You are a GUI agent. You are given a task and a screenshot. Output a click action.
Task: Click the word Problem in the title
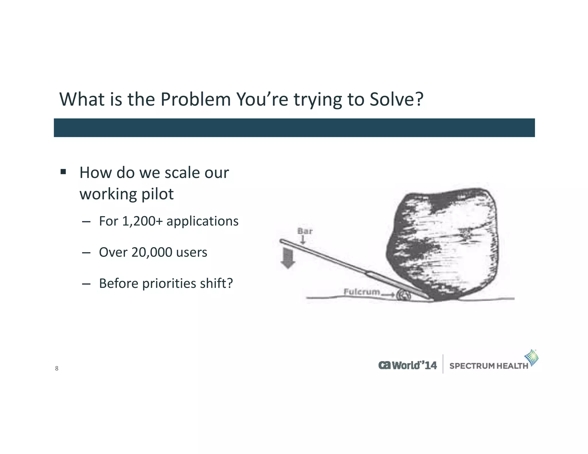196,100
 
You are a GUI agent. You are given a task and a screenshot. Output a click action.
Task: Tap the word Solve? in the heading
396,100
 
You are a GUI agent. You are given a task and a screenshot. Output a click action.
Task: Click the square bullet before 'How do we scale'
63,172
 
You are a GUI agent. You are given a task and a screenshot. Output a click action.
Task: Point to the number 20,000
152,252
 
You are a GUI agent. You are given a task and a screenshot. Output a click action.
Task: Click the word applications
202,221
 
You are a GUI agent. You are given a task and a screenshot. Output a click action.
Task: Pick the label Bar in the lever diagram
305,231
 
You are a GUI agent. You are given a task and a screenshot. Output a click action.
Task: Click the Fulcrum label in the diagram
361,292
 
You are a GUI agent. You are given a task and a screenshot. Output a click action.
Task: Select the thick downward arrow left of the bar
288,258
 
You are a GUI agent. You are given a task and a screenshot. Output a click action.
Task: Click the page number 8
57,368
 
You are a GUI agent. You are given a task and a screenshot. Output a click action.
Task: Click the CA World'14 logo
407,365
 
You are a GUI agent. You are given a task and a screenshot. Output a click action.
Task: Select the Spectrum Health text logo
488,366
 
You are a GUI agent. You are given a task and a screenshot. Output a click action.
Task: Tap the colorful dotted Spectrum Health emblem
531,358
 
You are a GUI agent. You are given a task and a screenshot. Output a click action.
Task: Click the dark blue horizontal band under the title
294,128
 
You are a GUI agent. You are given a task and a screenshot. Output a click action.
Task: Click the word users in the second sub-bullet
192,252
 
